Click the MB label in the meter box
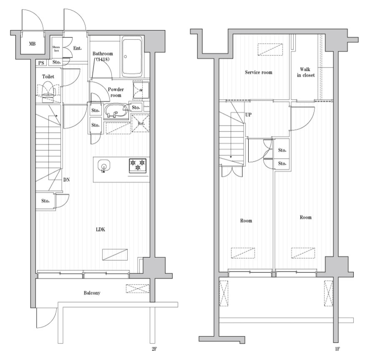[32, 44]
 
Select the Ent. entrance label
[77, 48]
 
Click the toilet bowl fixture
[48, 90]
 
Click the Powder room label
[116, 92]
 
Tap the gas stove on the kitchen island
[138, 166]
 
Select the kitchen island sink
[104, 166]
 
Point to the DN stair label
[66, 180]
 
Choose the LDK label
[101, 230]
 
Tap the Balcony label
[92, 293]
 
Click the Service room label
[259, 72]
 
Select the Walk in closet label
[305, 72]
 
